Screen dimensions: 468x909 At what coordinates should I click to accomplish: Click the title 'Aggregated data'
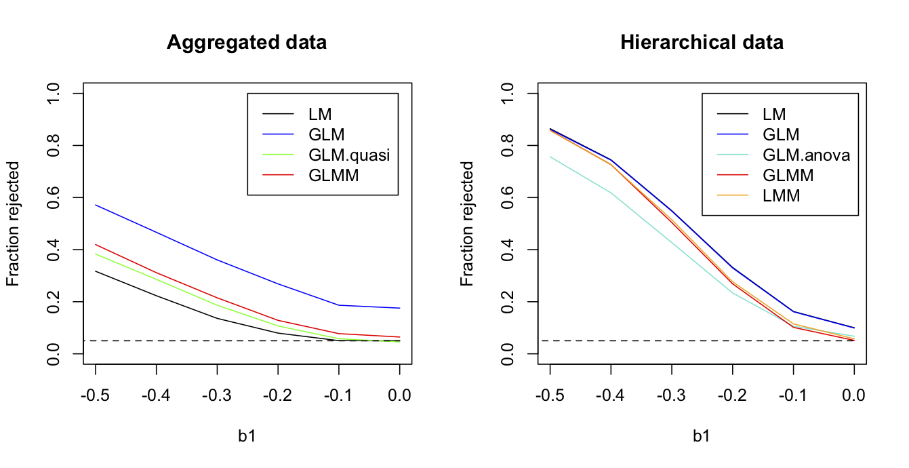(x=247, y=43)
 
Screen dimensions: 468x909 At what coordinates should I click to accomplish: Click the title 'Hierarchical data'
(x=702, y=43)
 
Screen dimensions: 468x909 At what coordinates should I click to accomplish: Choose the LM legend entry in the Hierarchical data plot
(x=773, y=115)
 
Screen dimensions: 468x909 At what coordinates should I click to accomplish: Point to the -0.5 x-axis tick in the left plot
(x=96, y=394)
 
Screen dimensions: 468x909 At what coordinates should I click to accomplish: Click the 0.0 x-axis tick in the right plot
(x=854, y=394)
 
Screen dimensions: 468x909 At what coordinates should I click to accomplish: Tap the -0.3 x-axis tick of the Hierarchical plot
(x=672, y=394)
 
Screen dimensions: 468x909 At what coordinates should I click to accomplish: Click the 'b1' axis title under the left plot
(x=247, y=436)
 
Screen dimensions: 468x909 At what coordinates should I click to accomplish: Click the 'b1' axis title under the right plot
(x=702, y=436)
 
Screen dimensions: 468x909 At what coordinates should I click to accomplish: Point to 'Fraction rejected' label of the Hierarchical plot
(x=468, y=223)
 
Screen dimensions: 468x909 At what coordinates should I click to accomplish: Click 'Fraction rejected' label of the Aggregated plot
(x=14, y=223)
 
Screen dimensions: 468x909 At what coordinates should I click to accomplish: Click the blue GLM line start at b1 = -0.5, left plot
(x=96, y=205)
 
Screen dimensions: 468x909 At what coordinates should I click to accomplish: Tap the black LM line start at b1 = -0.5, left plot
(x=96, y=271)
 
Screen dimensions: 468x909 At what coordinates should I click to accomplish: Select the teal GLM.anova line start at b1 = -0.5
(x=550, y=157)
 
